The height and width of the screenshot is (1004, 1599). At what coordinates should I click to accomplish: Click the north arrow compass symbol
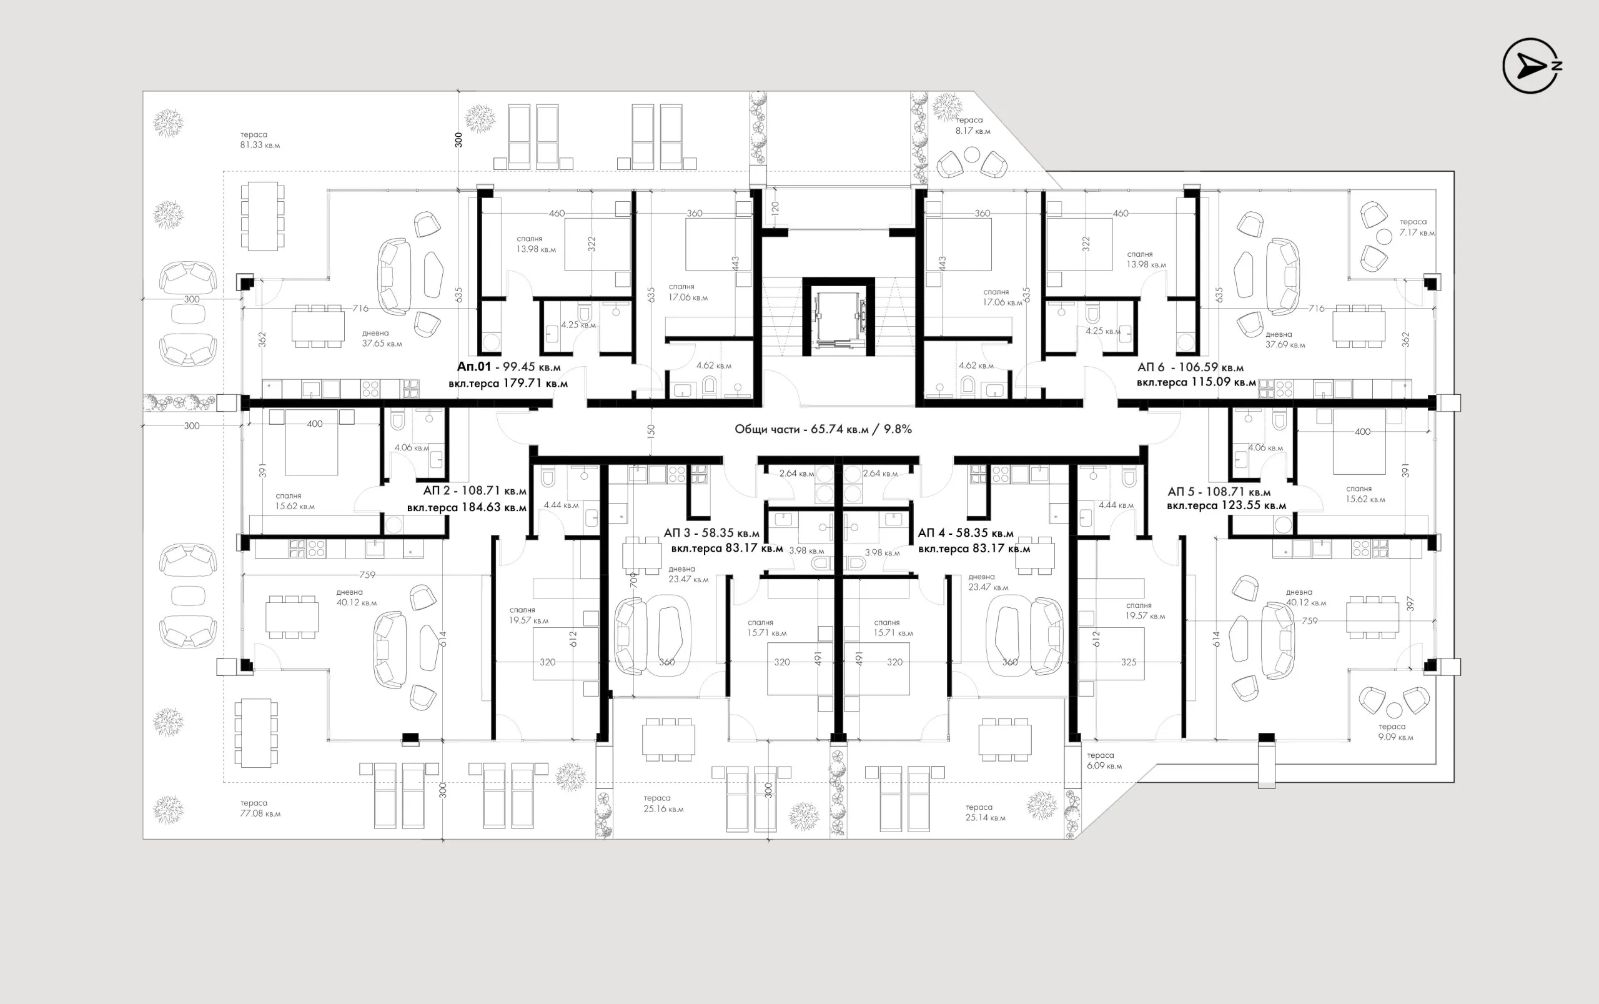[x=1531, y=65]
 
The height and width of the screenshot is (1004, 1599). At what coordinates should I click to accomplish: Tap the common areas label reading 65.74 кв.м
[x=823, y=429]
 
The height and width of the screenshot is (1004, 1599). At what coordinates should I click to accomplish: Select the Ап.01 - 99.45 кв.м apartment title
[x=508, y=367]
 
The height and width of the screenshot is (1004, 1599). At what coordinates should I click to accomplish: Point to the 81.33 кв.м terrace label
[x=260, y=140]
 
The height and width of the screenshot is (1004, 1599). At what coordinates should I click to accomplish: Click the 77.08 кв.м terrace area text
[x=260, y=808]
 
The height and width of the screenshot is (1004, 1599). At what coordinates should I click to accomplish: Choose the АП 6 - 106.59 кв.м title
[x=1190, y=367]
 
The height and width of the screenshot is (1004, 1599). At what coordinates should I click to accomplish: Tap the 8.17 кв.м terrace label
[x=973, y=126]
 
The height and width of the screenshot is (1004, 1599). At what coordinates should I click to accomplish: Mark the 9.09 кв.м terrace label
[x=1395, y=732]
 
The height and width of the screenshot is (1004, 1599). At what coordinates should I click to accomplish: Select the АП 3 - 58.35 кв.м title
[x=711, y=533]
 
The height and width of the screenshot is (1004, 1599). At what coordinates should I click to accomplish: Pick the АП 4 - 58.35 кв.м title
[x=965, y=533]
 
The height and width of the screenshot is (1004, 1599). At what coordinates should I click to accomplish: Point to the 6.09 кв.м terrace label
[x=1104, y=760]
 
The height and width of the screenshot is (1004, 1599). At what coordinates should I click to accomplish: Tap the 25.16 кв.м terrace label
[x=663, y=803]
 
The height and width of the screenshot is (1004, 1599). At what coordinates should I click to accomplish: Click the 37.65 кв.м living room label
[x=381, y=339]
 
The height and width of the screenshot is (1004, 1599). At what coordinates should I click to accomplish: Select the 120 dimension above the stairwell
[x=775, y=208]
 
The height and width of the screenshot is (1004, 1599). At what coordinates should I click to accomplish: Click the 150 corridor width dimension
[x=650, y=431]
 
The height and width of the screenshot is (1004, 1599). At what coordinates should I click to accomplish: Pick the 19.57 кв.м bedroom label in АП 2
[x=528, y=615]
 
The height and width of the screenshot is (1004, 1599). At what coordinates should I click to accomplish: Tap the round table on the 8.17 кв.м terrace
[x=971, y=154]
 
